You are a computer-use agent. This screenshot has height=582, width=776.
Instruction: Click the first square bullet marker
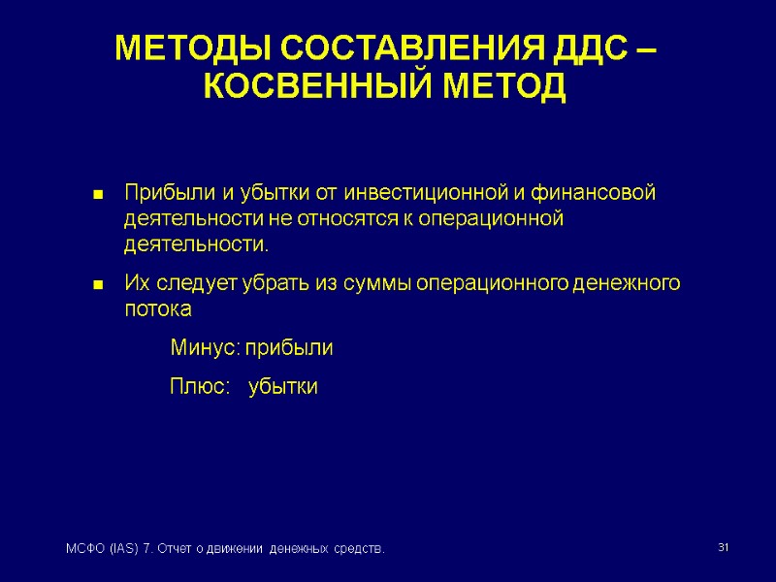click(x=97, y=195)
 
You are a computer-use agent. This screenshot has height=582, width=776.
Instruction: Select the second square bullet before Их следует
click(x=97, y=285)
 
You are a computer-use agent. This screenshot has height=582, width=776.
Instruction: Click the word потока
click(x=158, y=309)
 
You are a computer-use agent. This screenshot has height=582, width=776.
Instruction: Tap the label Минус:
click(x=204, y=347)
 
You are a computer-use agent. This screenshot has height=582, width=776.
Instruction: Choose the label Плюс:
click(x=200, y=387)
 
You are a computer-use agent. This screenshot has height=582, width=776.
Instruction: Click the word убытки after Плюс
click(x=283, y=387)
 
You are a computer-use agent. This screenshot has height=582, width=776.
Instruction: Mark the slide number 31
click(x=722, y=549)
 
